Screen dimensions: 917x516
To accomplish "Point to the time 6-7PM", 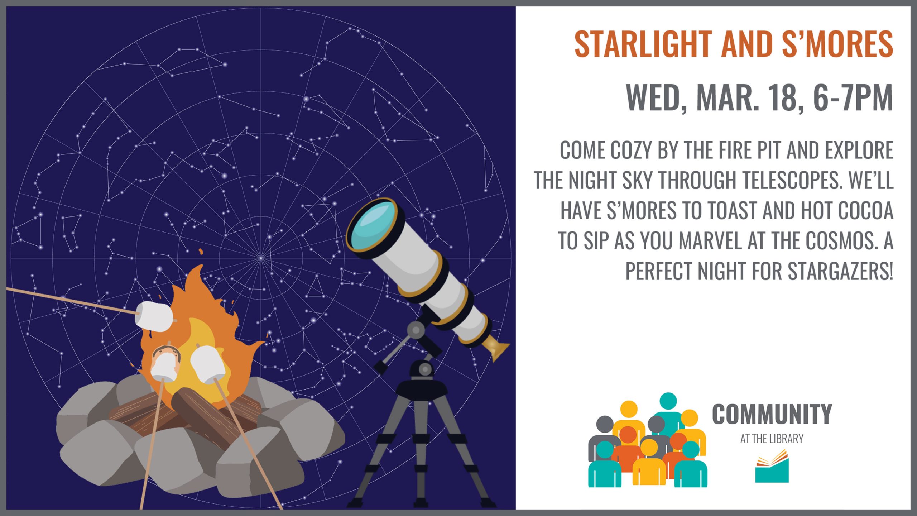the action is pos(853,98).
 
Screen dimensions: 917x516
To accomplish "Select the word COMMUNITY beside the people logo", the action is pos(772,414).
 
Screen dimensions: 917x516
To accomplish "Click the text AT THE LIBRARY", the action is pos(772,439).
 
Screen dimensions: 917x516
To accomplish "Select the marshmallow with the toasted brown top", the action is pos(165,364).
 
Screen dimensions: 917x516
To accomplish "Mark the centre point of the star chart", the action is pos(261,258).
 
